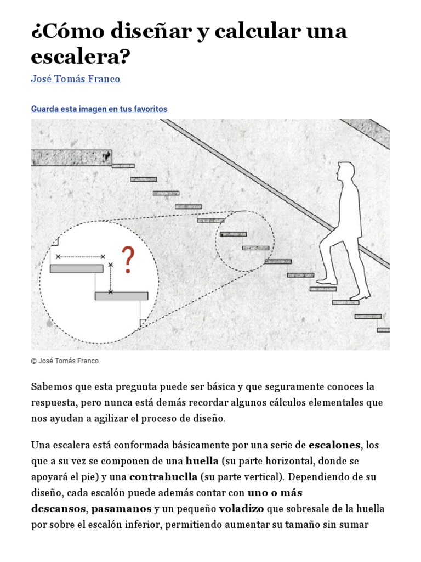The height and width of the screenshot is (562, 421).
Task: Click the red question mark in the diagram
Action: click(x=127, y=260)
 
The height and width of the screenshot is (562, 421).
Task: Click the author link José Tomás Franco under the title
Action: click(x=76, y=79)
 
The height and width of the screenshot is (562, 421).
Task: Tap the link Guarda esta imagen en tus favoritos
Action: click(x=99, y=109)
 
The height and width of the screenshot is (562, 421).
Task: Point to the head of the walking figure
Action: click(x=345, y=172)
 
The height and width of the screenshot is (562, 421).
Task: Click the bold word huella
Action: click(x=202, y=460)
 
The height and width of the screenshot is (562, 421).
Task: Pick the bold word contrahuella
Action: click(x=163, y=476)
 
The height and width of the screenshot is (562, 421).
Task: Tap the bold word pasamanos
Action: click(x=121, y=508)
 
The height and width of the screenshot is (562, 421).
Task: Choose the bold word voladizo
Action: click(x=242, y=508)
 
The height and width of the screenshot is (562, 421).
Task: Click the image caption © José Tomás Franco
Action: click(x=65, y=361)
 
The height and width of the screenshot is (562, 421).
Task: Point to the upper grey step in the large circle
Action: click(x=76, y=268)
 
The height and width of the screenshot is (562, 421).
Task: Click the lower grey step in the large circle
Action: click(x=121, y=296)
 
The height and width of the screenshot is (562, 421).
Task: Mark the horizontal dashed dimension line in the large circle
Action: click(x=81, y=256)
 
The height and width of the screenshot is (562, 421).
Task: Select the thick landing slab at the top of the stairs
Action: click(x=71, y=158)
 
